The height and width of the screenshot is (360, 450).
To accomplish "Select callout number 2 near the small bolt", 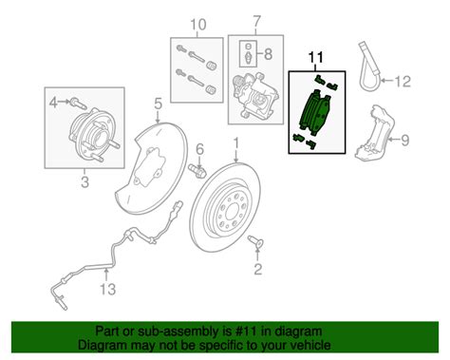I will pos(255,270).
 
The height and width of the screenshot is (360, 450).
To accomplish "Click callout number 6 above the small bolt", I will pos(200,150).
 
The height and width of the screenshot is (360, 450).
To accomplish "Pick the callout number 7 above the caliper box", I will pos(254,22).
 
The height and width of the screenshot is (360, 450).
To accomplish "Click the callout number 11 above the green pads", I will pos(317,58).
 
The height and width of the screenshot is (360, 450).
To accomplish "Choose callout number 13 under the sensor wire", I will pos(108,289).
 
